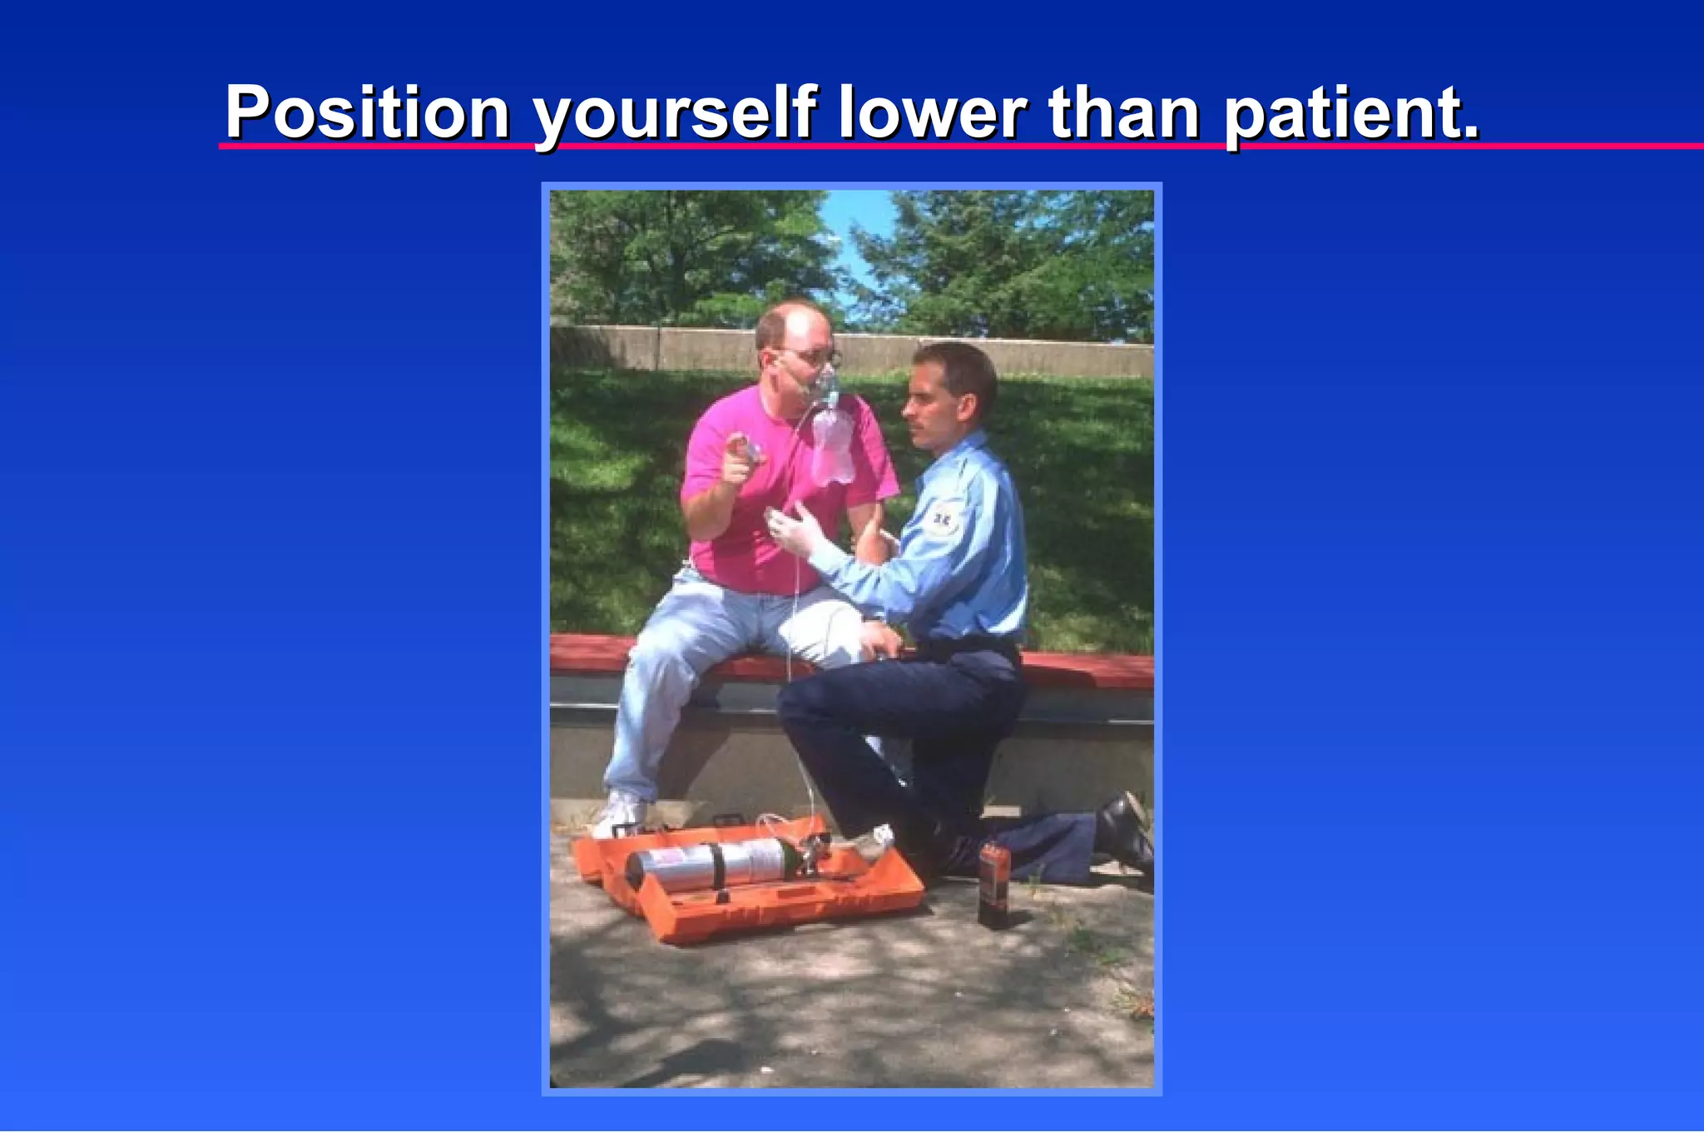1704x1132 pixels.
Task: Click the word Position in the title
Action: pyautogui.click(x=367, y=113)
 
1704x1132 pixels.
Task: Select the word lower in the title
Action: pyautogui.click(x=932, y=113)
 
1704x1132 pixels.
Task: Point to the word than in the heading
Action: pyautogui.click(x=1124, y=113)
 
